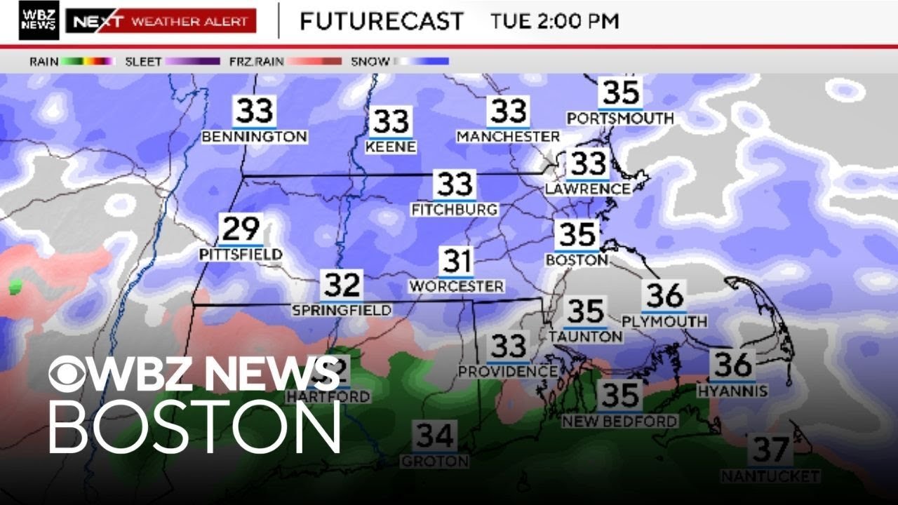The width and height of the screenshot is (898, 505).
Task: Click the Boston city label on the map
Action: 577,260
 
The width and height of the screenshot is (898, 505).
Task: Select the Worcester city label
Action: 456,286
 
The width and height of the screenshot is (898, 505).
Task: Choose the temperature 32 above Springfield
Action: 342,285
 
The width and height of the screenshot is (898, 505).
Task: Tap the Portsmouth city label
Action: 620,118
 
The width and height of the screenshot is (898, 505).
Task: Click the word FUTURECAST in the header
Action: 381,21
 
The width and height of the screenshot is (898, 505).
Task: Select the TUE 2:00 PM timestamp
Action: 555,21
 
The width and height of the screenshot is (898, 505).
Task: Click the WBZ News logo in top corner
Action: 39,20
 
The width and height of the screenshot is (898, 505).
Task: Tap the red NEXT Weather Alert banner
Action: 161,21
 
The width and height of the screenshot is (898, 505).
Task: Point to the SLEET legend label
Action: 143,62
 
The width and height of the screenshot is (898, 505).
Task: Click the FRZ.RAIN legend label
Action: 256,62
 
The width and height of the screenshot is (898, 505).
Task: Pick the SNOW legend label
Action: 370,62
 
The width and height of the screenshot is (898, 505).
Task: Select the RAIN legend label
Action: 43,62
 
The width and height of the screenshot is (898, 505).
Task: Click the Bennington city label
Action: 254,137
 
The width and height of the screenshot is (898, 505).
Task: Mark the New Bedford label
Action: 619,421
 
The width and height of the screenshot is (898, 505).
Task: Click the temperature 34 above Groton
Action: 435,436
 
